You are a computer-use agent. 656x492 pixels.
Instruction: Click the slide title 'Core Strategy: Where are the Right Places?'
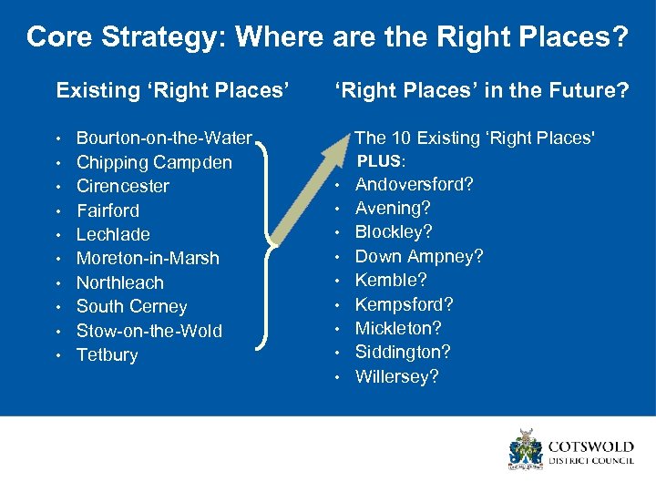327,37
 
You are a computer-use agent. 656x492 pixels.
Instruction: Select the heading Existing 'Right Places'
172,90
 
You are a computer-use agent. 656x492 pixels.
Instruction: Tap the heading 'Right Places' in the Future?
481,90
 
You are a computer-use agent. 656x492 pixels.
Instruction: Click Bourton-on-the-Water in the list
164,138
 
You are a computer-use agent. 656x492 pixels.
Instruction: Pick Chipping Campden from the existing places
154,162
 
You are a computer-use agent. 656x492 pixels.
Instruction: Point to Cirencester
122,186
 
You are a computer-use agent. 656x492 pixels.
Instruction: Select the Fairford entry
108,210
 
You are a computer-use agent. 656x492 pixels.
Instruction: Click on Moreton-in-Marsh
148,259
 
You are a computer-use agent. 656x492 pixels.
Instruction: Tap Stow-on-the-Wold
149,331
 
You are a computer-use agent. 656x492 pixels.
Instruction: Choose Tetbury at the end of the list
107,355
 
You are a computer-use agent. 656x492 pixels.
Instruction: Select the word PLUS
378,161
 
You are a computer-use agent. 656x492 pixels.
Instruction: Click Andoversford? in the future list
414,184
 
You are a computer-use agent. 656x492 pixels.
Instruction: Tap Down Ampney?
418,256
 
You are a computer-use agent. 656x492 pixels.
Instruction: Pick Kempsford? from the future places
404,304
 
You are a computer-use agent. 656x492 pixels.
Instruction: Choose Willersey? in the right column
396,376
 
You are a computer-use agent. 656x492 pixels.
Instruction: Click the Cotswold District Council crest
526,449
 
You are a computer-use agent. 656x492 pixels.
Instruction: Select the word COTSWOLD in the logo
589,446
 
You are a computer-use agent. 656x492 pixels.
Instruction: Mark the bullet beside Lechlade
58,235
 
